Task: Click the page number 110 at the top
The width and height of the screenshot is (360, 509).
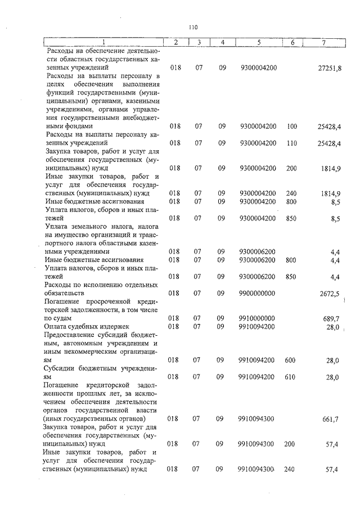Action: click(x=193, y=27)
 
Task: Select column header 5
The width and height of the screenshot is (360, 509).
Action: click(x=258, y=42)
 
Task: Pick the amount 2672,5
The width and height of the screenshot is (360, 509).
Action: click(x=330, y=293)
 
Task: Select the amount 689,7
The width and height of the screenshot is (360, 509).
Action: click(x=331, y=318)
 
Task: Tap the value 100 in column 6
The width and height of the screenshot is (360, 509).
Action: click(x=291, y=127)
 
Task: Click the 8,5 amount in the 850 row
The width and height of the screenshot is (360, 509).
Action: click(x=335, y=218)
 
